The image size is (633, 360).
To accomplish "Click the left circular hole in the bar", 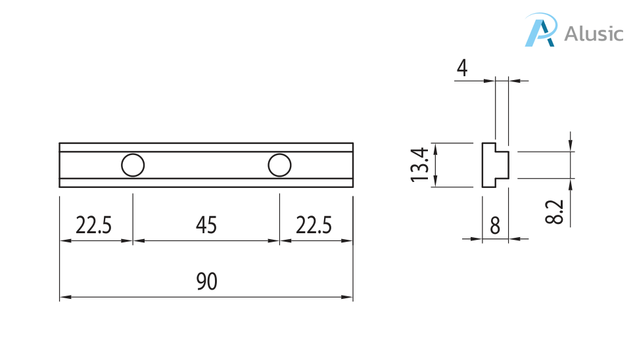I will [133, 165].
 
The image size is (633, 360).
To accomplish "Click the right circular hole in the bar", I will [279, 165].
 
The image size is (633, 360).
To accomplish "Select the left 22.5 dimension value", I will [94, 226].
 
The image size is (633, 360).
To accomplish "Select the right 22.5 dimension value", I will [314, 226].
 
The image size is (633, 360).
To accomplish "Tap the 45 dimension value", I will [206, 226].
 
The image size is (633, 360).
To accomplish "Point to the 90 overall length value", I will [206, 282].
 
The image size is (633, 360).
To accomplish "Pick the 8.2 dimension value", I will [555, 212].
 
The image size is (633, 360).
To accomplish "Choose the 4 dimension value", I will [463, 68].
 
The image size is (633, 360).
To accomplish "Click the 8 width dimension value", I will [495, 226].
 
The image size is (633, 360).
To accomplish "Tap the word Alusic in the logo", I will [594, 33].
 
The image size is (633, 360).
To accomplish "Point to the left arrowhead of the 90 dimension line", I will [64, 298].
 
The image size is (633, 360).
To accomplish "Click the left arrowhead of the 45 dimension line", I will [137, 241].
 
